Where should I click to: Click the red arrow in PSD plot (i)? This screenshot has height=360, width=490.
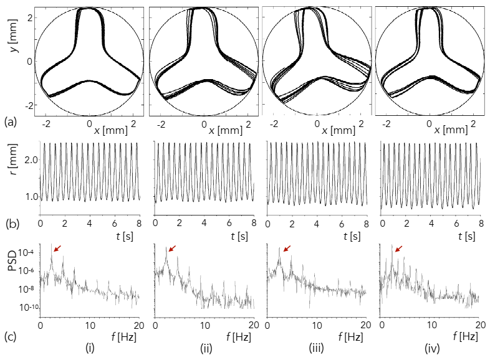tap(57, 249)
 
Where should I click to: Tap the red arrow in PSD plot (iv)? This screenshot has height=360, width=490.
tap(397, 249)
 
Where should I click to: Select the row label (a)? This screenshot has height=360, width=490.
tap(10, 122)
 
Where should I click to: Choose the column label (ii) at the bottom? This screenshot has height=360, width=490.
tap(204, 349)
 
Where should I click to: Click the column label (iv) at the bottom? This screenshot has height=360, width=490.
tap(430, 349)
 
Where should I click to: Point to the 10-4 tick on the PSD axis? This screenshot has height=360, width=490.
tap(26, 253)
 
